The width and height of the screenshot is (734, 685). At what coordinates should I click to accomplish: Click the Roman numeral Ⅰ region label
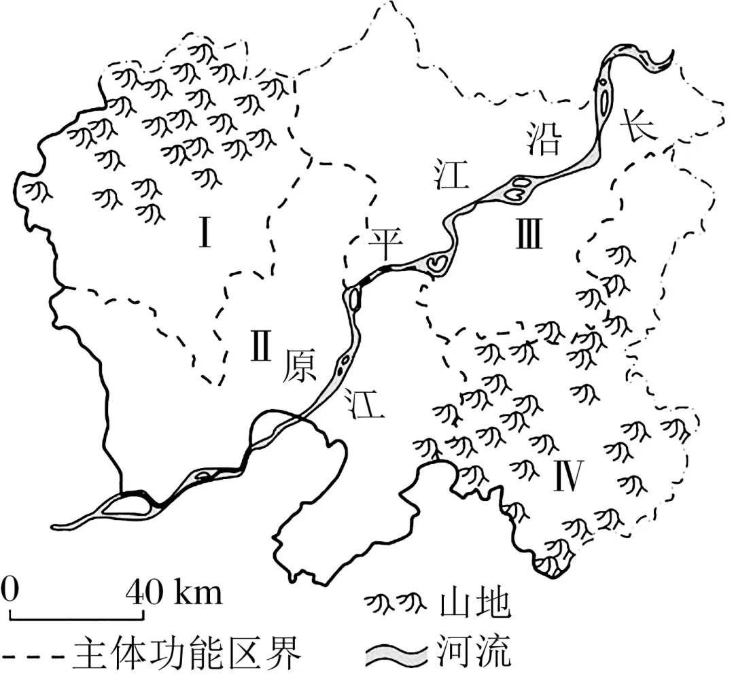pyautogui.click(x=204, y=232)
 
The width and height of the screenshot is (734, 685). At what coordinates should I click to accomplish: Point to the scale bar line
pyautogui.click(x=77, y=617)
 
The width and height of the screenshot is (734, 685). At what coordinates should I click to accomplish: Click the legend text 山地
pyautogui.click(x=475, y=604)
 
